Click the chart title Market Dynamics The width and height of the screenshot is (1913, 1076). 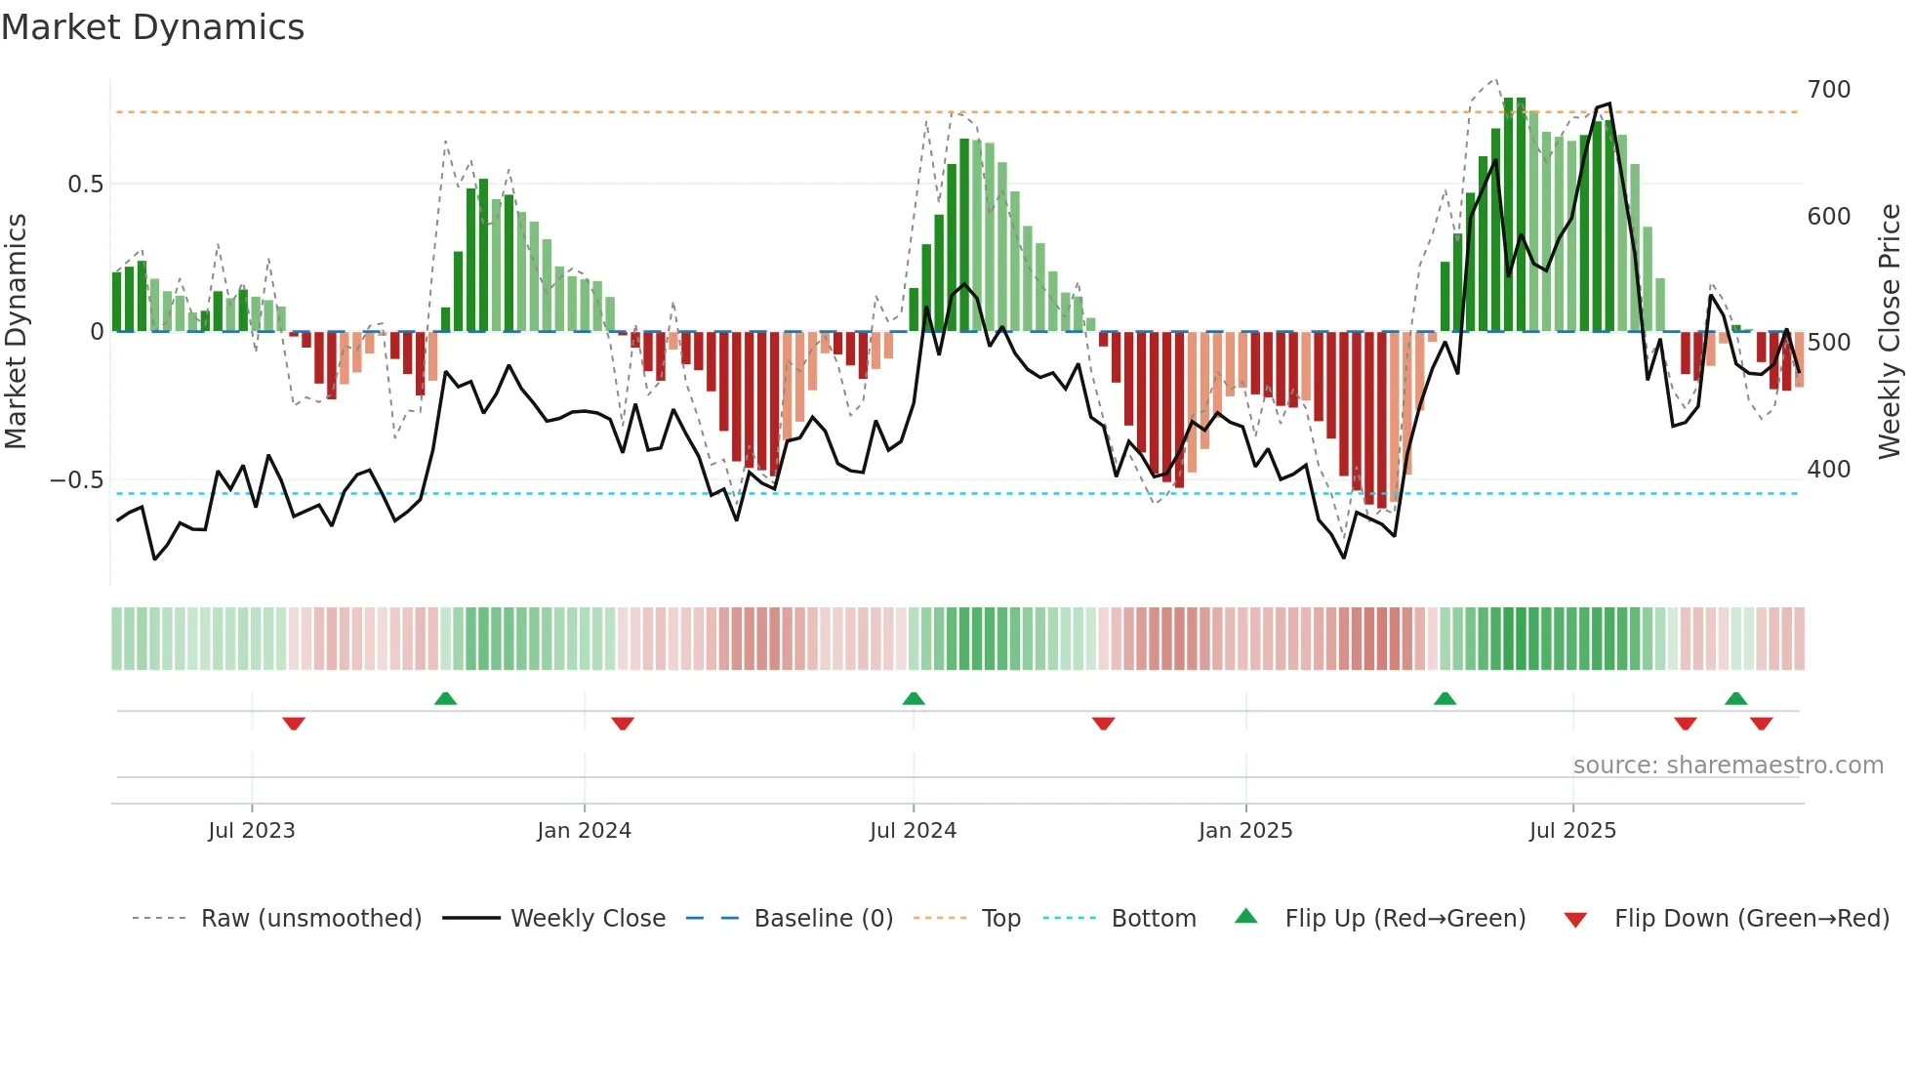pyautogui.click(x=152, y=27)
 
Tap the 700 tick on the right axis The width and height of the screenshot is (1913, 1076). pyautogui.click(x=1828, y=90)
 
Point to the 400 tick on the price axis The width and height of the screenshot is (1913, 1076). pyautogui.click(x=1828, y=470)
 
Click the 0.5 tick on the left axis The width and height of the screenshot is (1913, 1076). pyautogui.click(x=85, y=185)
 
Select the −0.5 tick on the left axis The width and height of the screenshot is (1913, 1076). pyautogui.click(x=77, y=480)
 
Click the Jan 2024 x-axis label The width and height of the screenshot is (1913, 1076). pyautogui.click(x=584, y=831)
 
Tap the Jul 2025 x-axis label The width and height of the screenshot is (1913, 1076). pyautogui.click(x=1572, y=831)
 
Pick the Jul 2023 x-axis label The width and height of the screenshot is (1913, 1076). pyautogui.click(x=251, y=831)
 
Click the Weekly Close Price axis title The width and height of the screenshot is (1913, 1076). pyautogui.click(x=1890, y=332)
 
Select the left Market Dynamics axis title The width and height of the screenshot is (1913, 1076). pyautogui.click(x=16, y=332)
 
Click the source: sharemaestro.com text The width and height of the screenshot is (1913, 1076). pyautogui.click(x=1728, y=766)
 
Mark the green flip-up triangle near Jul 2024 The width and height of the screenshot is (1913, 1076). pyautogui.click(x=914, y=699)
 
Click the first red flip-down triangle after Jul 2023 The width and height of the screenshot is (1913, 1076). pyautogui.click(x=294, y=724)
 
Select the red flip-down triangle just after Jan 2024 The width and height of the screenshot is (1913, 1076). pyautogui.click(x=623, y=724)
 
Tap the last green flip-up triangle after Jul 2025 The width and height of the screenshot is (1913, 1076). pyautogui.click(x=1735, y=699)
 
